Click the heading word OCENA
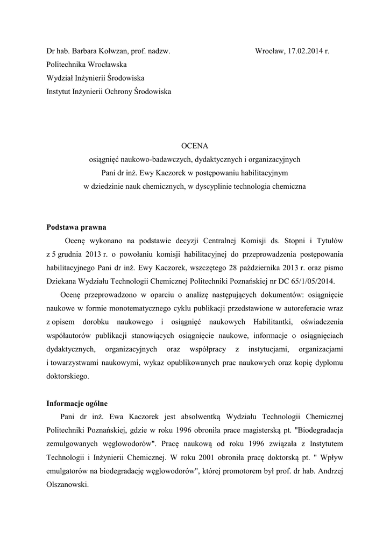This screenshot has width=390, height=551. coord(194,145)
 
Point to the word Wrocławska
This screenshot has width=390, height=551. coord(103,65)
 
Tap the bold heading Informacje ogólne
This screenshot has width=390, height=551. coord(81,402)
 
